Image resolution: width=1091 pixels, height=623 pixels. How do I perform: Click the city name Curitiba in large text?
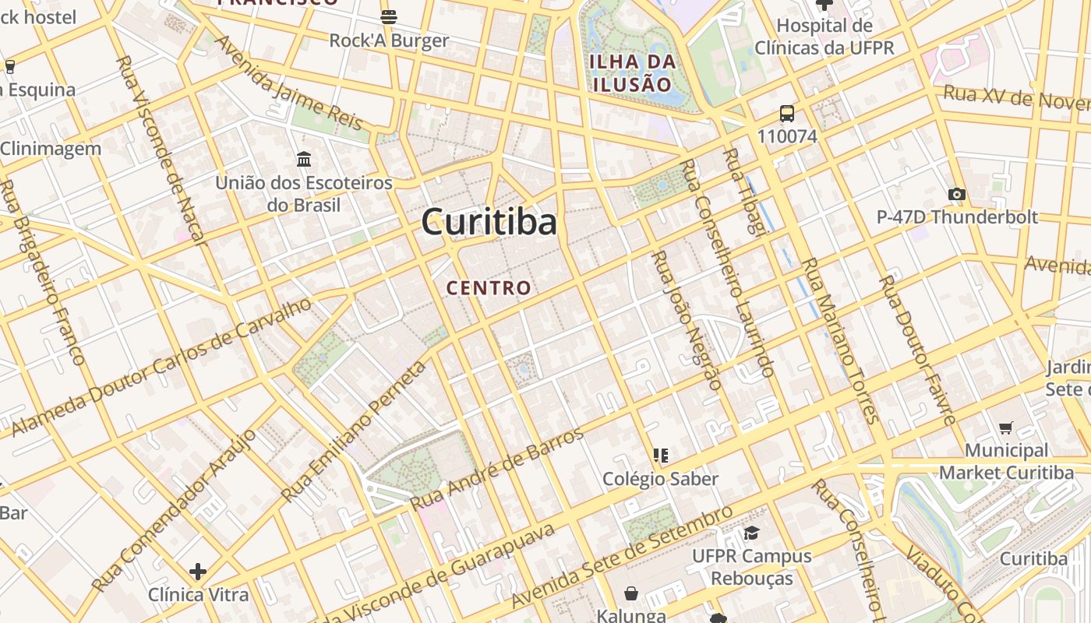coord(489,222)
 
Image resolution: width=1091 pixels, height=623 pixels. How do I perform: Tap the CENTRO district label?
coord(489,287)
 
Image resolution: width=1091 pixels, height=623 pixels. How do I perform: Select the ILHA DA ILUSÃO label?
coord(631,73)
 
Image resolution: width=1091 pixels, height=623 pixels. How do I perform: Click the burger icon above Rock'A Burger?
coord(389,16)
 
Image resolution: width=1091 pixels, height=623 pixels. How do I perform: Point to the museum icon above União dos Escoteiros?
coord(304,160)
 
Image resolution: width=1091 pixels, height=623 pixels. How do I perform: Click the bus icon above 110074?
coord(787,114)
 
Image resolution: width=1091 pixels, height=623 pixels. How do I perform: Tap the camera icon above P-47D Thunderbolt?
coord(957,194)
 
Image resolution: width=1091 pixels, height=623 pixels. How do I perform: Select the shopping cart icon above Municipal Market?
coord(1006,427)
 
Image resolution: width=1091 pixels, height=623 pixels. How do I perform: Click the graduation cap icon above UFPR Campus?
coord(751,533)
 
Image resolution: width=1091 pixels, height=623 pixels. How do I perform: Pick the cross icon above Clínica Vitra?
coord(198,572)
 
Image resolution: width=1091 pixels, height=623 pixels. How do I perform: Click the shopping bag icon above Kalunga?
coord(631,594)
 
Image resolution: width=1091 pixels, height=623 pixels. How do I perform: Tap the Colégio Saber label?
coord(660,478)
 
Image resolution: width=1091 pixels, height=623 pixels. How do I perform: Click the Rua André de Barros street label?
coord(497,469)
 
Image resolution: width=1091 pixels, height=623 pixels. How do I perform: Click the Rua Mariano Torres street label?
coord(841,340)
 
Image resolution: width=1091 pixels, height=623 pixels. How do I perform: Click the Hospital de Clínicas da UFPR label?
coord(824,37)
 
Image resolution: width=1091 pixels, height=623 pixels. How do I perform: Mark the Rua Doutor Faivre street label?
coord(917,350)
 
